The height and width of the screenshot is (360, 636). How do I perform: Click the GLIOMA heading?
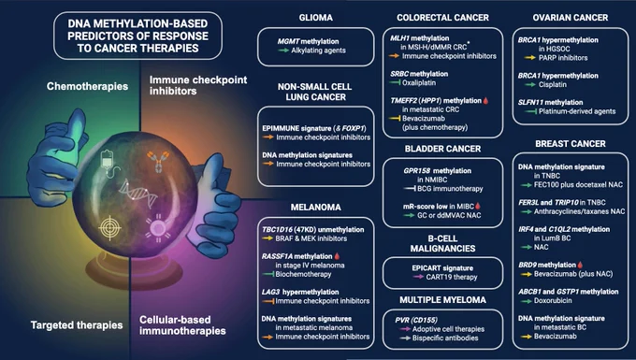pyautogui.click(x=315, y=18)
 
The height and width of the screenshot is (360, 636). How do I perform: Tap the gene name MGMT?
pyautogui.click(x=288, y=41)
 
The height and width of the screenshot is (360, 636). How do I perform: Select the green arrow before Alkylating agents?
pyautogui.click(x=283, y=50)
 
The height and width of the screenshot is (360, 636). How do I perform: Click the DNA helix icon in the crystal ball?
pyautogui.click(x=138, y=193)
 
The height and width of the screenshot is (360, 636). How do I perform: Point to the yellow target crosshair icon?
pyautogui.click(x=109, y=228)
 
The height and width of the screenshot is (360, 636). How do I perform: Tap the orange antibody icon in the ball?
pyautogui.click(x=159, y=161)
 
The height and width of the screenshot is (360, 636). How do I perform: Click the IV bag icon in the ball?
pyautogui.click(x=108, y=163)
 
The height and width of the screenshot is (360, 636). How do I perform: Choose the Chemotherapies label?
pyautogui.click(x=87, y=86)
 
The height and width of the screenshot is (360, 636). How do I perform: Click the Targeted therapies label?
pyautogui.click(x=77, y=325)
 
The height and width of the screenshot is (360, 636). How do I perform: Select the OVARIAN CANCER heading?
pyautogui.click(x=571, y=18)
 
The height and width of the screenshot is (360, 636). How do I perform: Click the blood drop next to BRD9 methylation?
pyautogui.click(x=580, y=265)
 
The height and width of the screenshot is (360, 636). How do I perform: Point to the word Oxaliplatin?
pyautogui.click(x=419, y=82)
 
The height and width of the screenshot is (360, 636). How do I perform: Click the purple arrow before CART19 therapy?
pyautogui.click(x=418, y=277)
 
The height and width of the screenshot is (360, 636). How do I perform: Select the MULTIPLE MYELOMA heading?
pyautogui.click(x=442, y=300)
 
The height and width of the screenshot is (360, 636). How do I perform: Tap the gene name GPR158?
pyautogui.click(x=417, y=171)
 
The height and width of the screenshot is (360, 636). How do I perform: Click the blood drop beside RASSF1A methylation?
pyautogui.click(x=337, y=256)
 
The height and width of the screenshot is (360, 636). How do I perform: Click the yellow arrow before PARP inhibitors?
pyautogui.click(x=529, y=58)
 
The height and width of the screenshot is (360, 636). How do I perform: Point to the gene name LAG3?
pyautogui.click(x=270, y=292)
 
